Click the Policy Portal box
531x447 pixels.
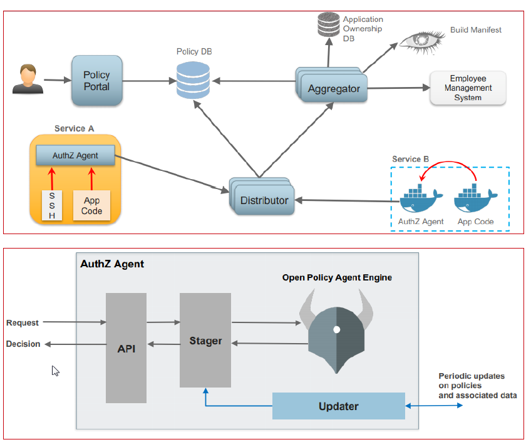[96, 80]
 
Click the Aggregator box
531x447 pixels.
[333, 88]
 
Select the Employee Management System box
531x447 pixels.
[467, 88]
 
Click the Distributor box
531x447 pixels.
[264, 200]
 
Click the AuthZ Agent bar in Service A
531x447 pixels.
[75, 155]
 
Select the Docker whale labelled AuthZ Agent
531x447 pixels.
[421, 198]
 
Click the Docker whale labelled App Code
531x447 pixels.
[476, 198]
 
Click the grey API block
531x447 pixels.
[126, 348]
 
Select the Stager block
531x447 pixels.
[205, 341]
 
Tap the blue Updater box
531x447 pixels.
[339, 406]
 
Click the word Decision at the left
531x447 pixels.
[23, 344]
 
